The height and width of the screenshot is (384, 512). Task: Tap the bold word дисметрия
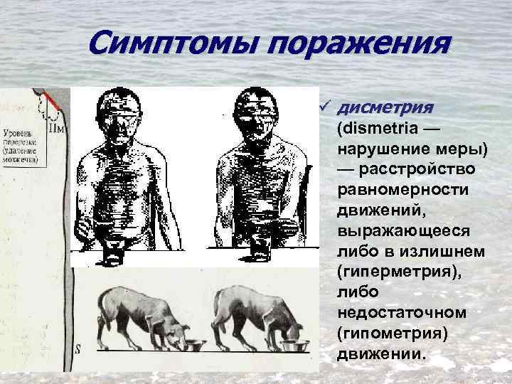(385, 108)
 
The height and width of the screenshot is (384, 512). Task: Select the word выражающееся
(402, 231)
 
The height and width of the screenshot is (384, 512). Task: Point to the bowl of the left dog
(193, 346)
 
